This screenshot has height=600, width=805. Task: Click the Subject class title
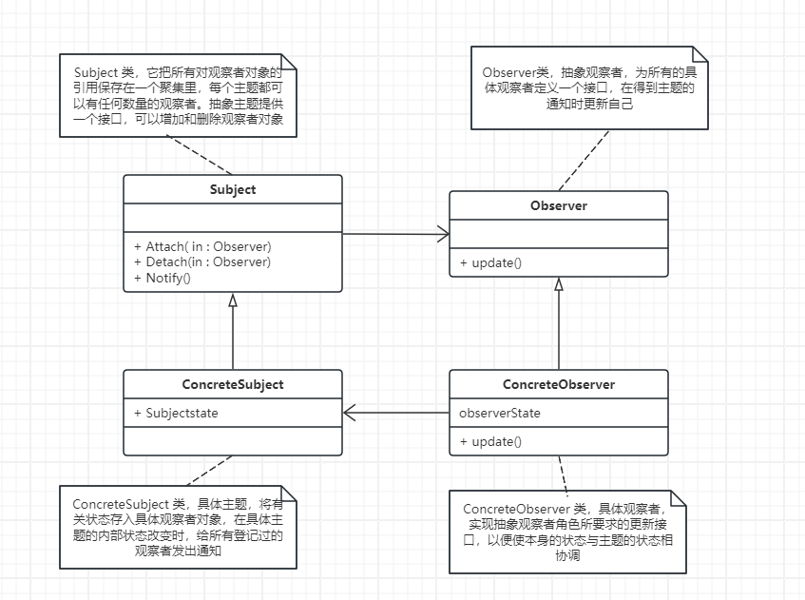pyautogui.click(x=233, y=189)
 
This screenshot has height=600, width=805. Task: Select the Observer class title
pyautogui.click(x=558, y=205)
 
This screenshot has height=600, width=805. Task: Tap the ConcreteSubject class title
pyautogui.click(x=233, y=385)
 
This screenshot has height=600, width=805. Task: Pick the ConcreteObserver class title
pyautogui.click(x=558, y=385)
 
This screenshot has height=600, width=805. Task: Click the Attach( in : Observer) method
pyautogui.click(x=202, y=246)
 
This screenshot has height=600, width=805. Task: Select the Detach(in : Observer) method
pyautogui.click(x=202, y=261)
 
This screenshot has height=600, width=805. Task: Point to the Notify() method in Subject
pyautogui.click(x=163, y=278)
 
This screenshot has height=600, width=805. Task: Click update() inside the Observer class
pyautogui.click(x=490, y=262)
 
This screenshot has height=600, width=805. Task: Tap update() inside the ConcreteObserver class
pyautogui.click(x=490, y=441)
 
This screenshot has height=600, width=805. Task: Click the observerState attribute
pyautogui.click(x=499, y=413)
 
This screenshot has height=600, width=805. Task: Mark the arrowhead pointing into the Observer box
pyautogui.click(x=444, y=234)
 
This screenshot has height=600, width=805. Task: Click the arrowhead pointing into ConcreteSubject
pyautogui.click(x=350, y=413)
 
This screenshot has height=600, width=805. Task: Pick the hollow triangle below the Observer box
pyautogui.click(x=559, y=283)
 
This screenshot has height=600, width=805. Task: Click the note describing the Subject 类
pyautogui.click(x=178, y=96)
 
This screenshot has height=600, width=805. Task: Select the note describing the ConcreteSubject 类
pyautogui.click(x=178, y=527)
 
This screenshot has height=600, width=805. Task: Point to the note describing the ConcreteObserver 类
pyautogui.click(x=566, y=532)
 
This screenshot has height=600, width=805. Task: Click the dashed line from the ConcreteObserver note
pyautogui.click(x=565, y=472)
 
